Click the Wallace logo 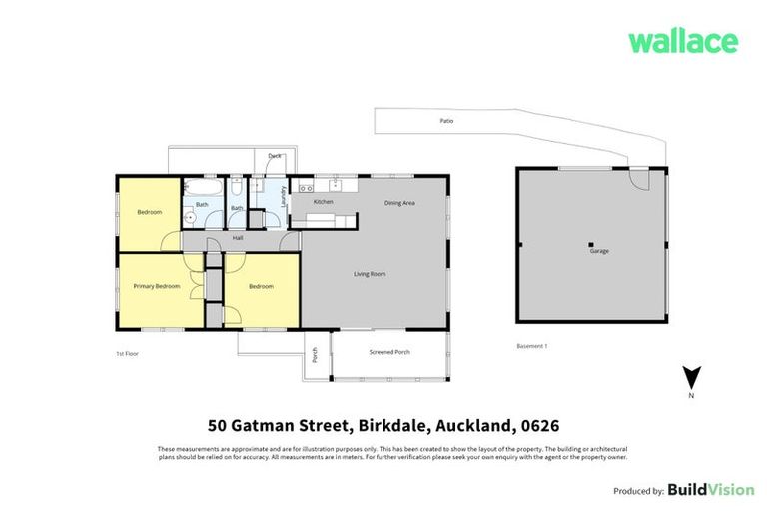(683, 42)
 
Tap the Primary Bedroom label (157, 286)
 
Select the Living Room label (370, 274)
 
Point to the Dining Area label (399, 203)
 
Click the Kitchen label (323, 202)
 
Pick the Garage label (598, 251)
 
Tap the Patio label (447, 121)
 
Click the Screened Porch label (389, 352)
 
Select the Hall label (238, 238)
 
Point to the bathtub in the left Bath (198, 187)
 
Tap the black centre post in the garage (590, 244)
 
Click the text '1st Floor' (126, 354)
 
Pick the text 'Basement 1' (531, 346)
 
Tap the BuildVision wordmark (708, 490)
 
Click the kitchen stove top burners (307, 188)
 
